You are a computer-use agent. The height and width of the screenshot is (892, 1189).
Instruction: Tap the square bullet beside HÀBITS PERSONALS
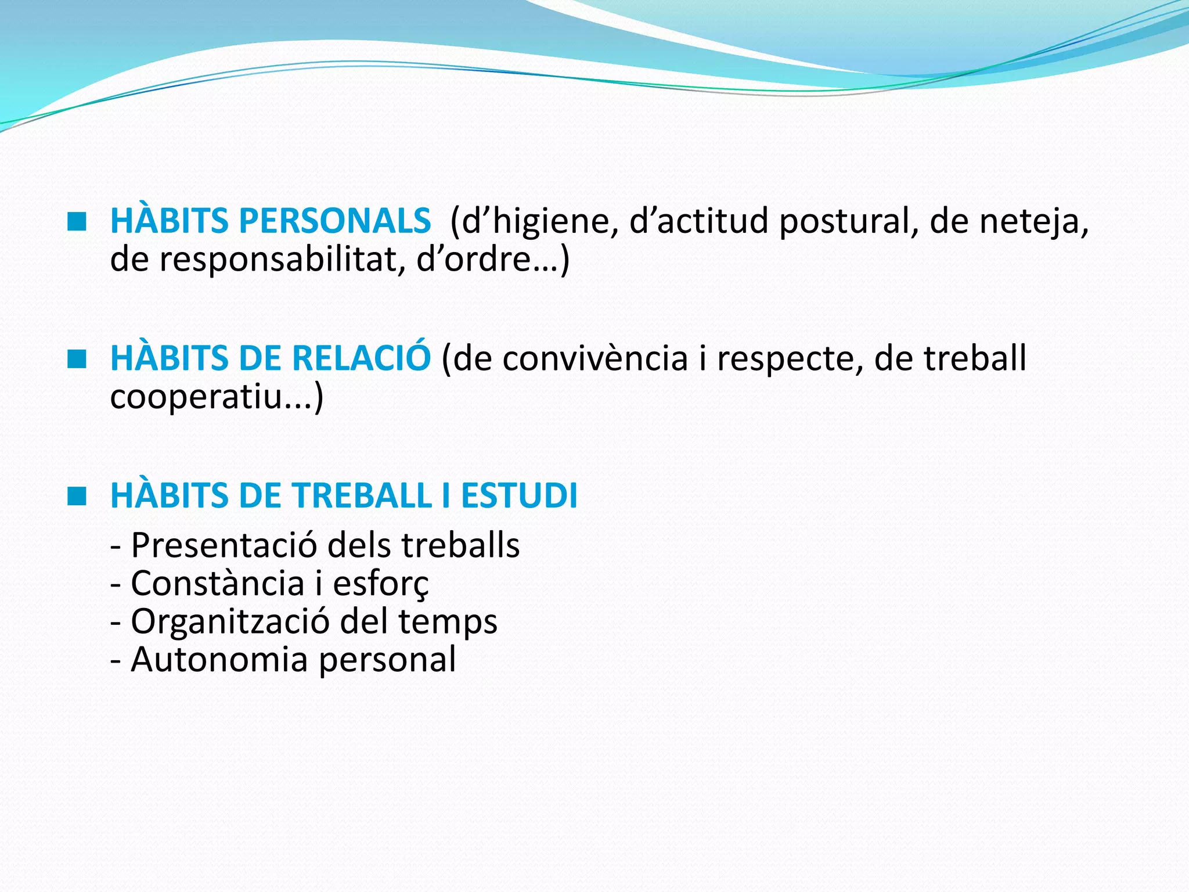click(x=77, y=221)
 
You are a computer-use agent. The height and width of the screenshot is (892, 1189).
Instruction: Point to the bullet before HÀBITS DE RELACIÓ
click(x=77, y=359)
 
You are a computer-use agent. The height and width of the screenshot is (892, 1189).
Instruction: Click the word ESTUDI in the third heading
click(x=519, y=496)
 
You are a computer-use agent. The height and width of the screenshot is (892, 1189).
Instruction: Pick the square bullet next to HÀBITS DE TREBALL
click(x=77, y=497)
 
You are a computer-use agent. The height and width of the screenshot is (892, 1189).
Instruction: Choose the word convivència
click(x=596, y=359)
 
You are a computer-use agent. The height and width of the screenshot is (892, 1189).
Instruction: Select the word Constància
click(x=218, y=584)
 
